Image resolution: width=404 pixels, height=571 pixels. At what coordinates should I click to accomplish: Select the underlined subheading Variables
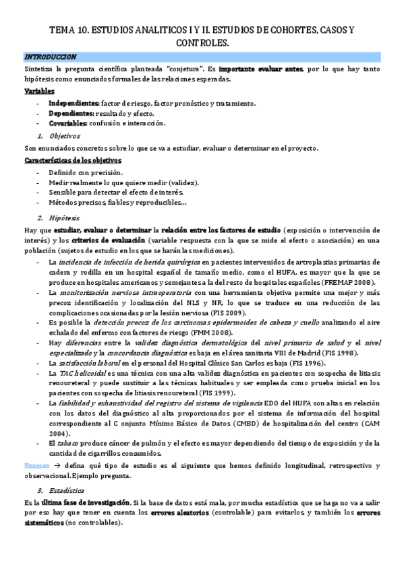click(x=40, y=91)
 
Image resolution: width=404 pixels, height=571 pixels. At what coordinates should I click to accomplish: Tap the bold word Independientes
click(x=74, y=102)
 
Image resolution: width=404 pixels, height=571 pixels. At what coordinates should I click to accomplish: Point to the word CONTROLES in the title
click(x=202, y=42)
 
